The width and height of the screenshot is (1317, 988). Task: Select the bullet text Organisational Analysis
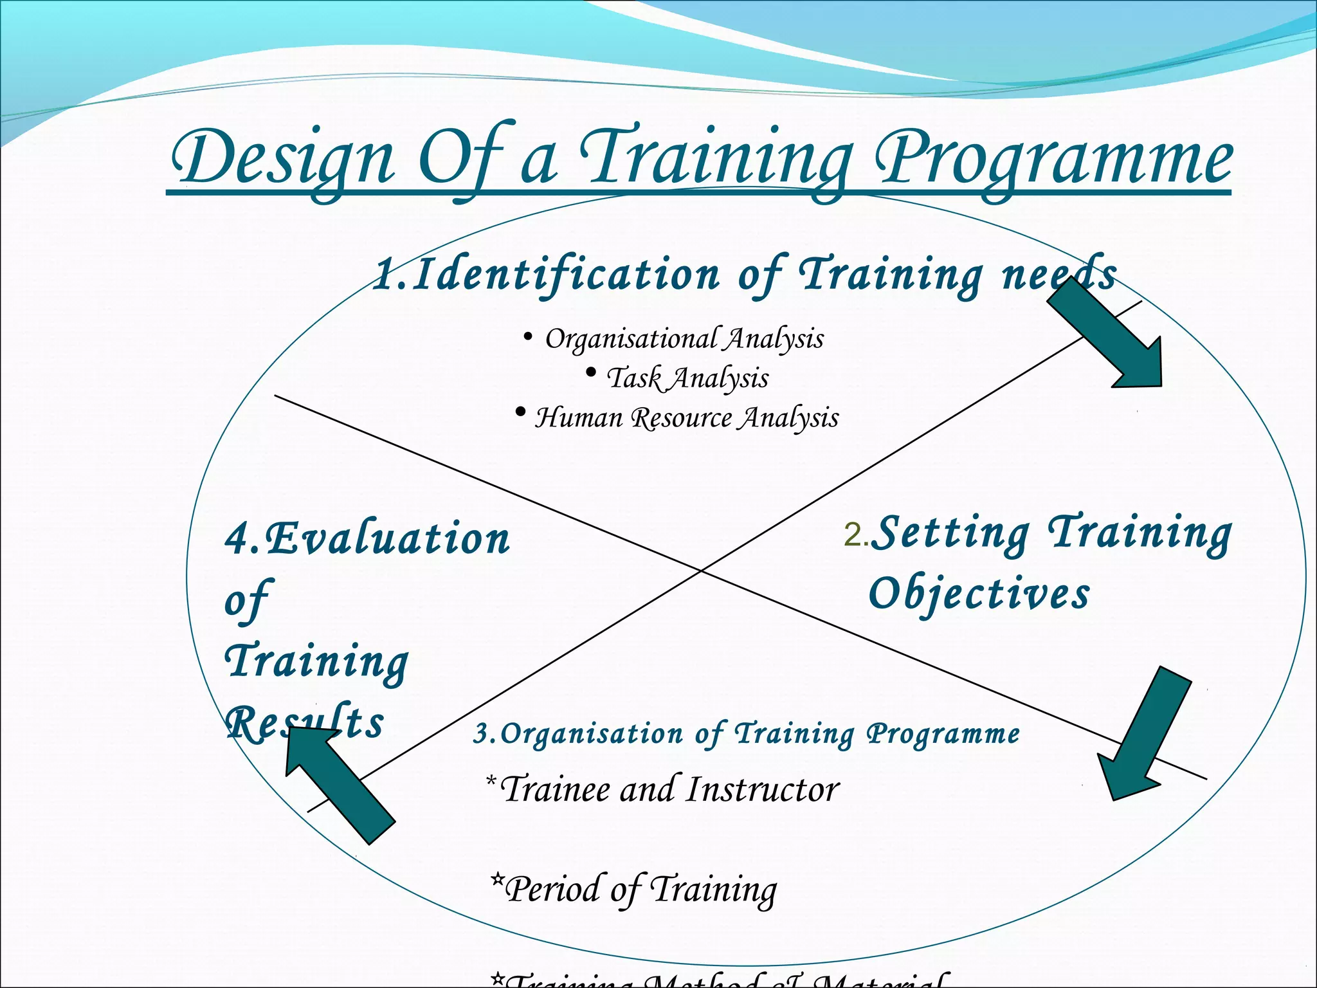coord(684,339)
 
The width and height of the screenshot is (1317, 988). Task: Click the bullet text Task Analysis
coord(687,378)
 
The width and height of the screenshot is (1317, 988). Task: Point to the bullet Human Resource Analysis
coord(686,417)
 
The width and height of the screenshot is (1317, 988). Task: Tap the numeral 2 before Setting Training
coord(853,535)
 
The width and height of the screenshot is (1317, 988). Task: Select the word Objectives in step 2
coord(979,593)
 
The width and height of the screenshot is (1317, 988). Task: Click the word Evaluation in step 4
coord(386,539)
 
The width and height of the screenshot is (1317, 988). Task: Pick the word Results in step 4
coord(305,723)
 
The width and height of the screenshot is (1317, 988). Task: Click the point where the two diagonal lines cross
coord(702,570)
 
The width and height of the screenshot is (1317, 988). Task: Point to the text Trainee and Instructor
coord(669,789)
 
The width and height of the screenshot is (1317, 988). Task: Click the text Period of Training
coord(640,890)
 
